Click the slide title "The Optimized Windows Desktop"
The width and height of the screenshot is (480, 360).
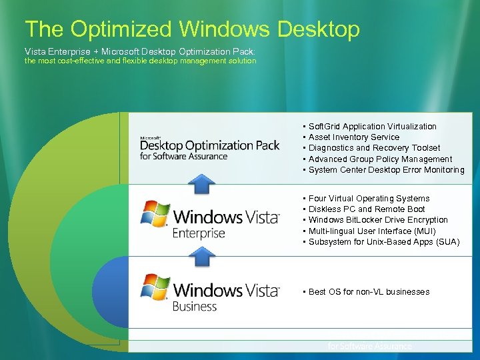[x=192, y=29]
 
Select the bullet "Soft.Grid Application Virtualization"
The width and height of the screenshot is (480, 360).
[x=372, y=126]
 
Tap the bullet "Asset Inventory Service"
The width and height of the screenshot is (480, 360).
[x=353, y=137]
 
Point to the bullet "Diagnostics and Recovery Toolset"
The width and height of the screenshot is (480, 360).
[x=374, y=148]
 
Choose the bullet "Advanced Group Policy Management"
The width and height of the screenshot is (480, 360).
[x=380, y=159]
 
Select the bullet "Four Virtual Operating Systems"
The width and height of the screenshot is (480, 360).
[x=369, y=199]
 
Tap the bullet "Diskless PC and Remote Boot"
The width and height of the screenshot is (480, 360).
[x=366, y=209]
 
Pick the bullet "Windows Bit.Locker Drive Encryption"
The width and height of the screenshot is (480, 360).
[x=378, y=220]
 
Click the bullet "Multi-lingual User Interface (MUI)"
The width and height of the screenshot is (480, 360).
[x=372, y=231]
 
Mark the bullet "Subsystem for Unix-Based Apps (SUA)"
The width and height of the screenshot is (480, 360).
[x=384, y=242]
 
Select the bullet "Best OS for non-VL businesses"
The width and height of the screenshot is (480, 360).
[x=369, y=292]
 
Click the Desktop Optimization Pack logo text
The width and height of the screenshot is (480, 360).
[x=209, y=146]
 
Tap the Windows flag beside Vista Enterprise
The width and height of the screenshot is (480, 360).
[x=155, y=213]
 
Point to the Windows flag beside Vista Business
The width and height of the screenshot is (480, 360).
[x=155, y=286]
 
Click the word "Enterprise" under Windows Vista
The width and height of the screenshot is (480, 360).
[x=199, y=233]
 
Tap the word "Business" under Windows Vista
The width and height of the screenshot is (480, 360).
[x=195, y=307]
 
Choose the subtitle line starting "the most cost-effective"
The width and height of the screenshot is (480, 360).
[x=140, y=61]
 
